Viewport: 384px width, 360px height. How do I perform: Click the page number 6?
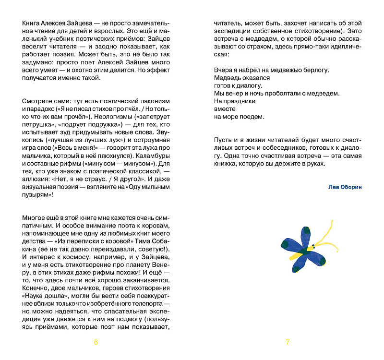click(x=96, y=342)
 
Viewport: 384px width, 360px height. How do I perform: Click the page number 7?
click(x=288, y=342)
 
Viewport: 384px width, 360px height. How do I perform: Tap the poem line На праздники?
click(x=235, y=101)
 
